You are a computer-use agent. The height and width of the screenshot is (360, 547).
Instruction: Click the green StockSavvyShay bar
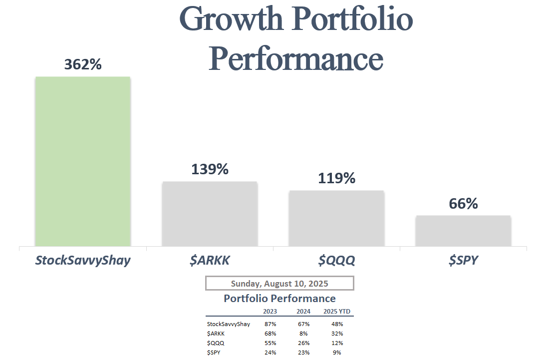(x=82, y=161)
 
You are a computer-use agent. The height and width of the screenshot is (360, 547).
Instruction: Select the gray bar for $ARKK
(x=210, y=214)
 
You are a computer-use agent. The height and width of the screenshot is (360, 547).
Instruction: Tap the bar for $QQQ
(x=336, y=218)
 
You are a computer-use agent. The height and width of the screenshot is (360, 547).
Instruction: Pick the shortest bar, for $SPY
(x=463, y=231)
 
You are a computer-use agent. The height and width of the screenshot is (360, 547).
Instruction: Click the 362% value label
(x=83, y=64)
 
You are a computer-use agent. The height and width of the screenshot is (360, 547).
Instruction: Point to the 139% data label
(x=210, y=169)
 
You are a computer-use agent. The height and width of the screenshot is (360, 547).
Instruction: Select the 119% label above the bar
(x=337, y=178)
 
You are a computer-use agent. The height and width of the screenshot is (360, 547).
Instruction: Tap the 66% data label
(x=463, y=204)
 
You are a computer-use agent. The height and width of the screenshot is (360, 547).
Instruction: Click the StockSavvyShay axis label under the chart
(x=82, y=260)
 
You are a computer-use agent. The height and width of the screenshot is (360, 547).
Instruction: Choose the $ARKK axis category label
(x=210, y=260)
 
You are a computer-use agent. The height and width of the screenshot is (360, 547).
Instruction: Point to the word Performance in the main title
(x=295, y=58)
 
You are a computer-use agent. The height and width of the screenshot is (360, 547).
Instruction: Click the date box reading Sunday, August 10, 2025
(x=279, y=284)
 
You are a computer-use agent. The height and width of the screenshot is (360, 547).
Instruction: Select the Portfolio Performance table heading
(x=279, y=299)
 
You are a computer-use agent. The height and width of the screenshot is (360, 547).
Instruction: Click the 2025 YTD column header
(x=337, y=312)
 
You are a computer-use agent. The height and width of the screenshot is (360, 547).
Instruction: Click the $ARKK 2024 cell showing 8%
(x=303, y=334)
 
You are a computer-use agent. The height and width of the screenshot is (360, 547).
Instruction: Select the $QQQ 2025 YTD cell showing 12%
(x=337, y=343)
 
